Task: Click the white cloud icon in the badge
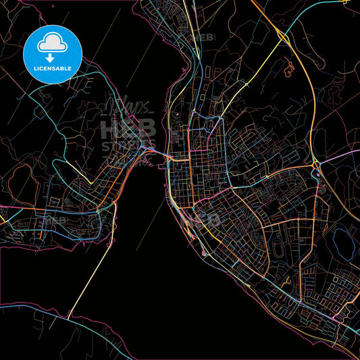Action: point(52,43)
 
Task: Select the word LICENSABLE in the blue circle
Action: point(52,69)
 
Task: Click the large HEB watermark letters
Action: point(128,128)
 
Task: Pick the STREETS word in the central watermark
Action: point(128,145)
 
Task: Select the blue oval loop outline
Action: point(341,239)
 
